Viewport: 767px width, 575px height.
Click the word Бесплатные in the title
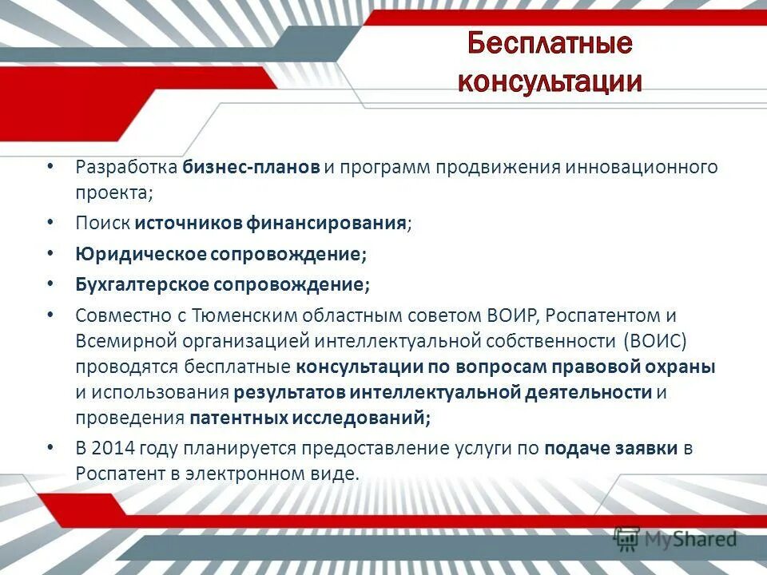point(550,43)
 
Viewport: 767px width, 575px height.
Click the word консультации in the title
point(550,81)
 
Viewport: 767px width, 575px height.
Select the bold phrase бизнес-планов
point(251,168)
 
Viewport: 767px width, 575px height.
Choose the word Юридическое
point(141,254)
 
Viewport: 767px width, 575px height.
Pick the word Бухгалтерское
point(142,284)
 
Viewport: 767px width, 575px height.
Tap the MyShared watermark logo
point(675,540)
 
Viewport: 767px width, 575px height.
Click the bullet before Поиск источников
point(51,221)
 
